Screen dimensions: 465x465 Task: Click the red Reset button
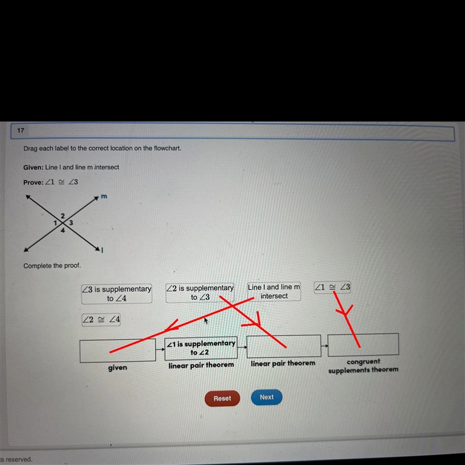[x=222, y=398]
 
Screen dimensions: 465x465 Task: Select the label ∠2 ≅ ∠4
[x=101, y=319]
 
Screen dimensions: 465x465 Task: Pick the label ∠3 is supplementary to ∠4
[x=117, y=294]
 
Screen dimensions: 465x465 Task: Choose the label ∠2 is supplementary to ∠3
[x=200, y=292]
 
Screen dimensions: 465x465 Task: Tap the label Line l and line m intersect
[x=274, y=292]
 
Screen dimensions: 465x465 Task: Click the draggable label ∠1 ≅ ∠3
[x=332, y=287]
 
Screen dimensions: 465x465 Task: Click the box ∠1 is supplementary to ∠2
[x=201, y=348]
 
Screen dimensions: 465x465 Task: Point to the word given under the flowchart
[x=117, y=368]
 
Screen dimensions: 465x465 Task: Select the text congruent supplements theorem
[x=363, y=366]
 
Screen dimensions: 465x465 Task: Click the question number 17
[x=20, y=130]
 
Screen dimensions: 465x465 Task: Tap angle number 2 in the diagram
[x=63, y=216]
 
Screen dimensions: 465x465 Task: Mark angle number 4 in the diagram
[x=63, y=230]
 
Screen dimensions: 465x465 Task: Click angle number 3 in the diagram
[x=71, y=223]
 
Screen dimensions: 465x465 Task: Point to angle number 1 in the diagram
[x=55, y=223]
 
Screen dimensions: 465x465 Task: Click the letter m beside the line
[x=104, y=196]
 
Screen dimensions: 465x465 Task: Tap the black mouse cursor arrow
[x=206, y=321]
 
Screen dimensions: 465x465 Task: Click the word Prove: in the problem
[x=33, y=183]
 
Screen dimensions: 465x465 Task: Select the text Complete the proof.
[x=52, y=266]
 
